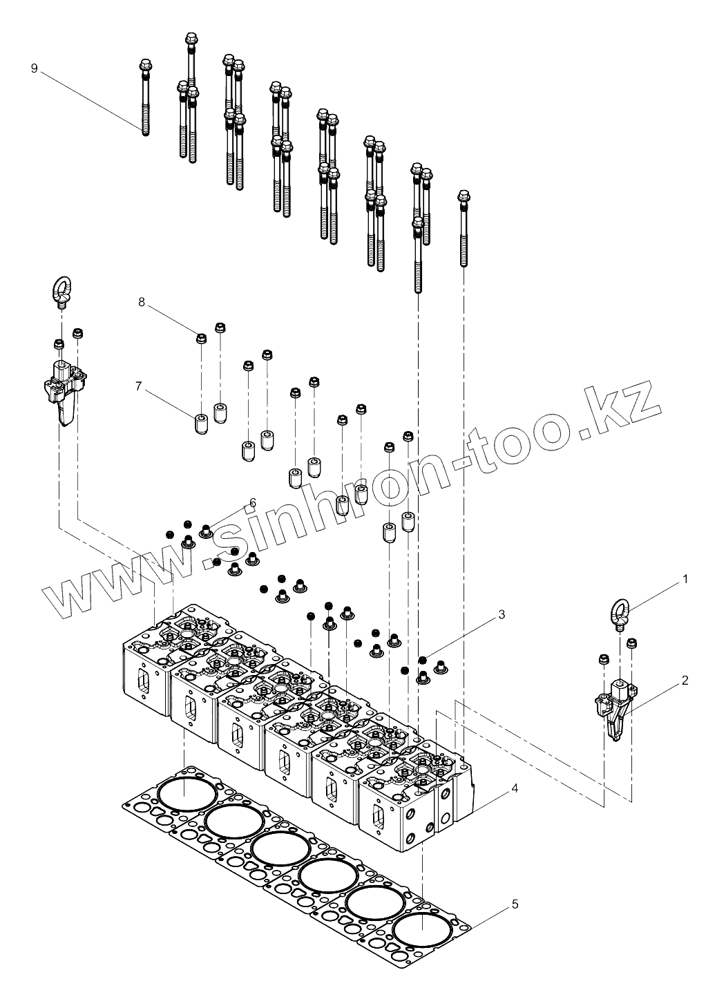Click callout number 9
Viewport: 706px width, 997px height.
(x=35, y=68)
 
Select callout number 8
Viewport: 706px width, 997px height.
(x=142, y=302)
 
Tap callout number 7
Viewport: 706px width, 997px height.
(x=139, y=386)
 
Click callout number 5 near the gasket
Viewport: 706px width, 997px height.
(x=516, y=903)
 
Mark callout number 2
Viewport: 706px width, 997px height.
(x=685, y=681)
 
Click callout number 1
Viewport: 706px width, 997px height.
(x=685, y=579)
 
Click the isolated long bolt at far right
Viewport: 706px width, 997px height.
(x=464, y=228)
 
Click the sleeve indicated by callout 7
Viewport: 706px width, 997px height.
(x=202, y=424)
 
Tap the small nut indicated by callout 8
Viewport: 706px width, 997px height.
(x=202, y=339)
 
